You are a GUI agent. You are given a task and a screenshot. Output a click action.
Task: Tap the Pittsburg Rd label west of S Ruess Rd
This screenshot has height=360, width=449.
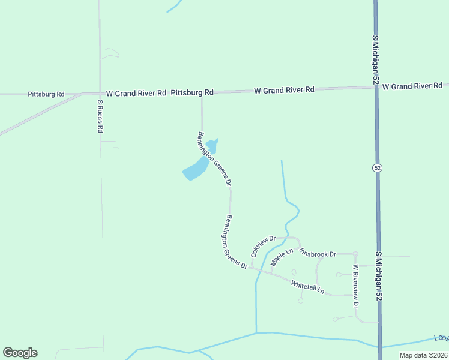[x=46, y=94]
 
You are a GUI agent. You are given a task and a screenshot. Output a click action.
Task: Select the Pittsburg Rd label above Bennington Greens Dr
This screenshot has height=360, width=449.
[x=192, y=92]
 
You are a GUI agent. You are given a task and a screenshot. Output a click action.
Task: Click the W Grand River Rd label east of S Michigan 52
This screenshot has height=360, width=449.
[x=412, y=86]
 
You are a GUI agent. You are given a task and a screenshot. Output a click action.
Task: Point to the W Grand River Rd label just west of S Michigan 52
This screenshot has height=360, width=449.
[x=284, y=90]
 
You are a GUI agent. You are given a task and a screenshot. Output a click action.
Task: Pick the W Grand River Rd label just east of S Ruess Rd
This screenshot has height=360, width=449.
[x=136, y=94]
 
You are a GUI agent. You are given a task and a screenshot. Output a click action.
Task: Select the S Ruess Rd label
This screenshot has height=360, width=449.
[x=101, y=116]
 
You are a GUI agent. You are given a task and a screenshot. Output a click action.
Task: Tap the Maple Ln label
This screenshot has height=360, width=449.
[x=281, y=257]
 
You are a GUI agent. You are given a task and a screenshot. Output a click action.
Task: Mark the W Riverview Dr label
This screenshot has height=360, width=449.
[x=355, y=286]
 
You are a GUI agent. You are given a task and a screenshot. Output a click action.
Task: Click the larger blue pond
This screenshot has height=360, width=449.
[x=194, y=170]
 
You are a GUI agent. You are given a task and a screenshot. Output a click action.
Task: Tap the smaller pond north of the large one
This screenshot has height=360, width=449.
[x=211, y=145]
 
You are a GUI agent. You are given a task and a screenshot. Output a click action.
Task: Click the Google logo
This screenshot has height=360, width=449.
[x=20, y=353]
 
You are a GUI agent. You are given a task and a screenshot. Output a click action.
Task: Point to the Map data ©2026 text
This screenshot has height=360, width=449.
[x=423, y=355]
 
